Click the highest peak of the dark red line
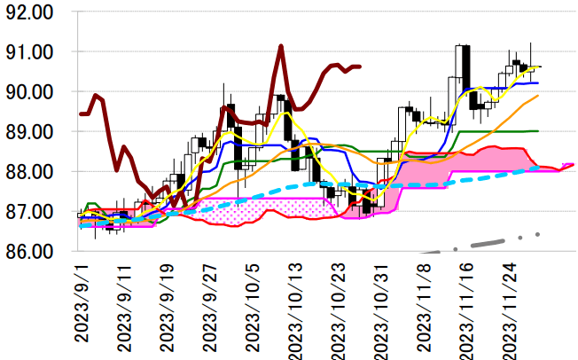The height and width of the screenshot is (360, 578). coord(280,45)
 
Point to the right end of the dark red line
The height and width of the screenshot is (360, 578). coord(359,66)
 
